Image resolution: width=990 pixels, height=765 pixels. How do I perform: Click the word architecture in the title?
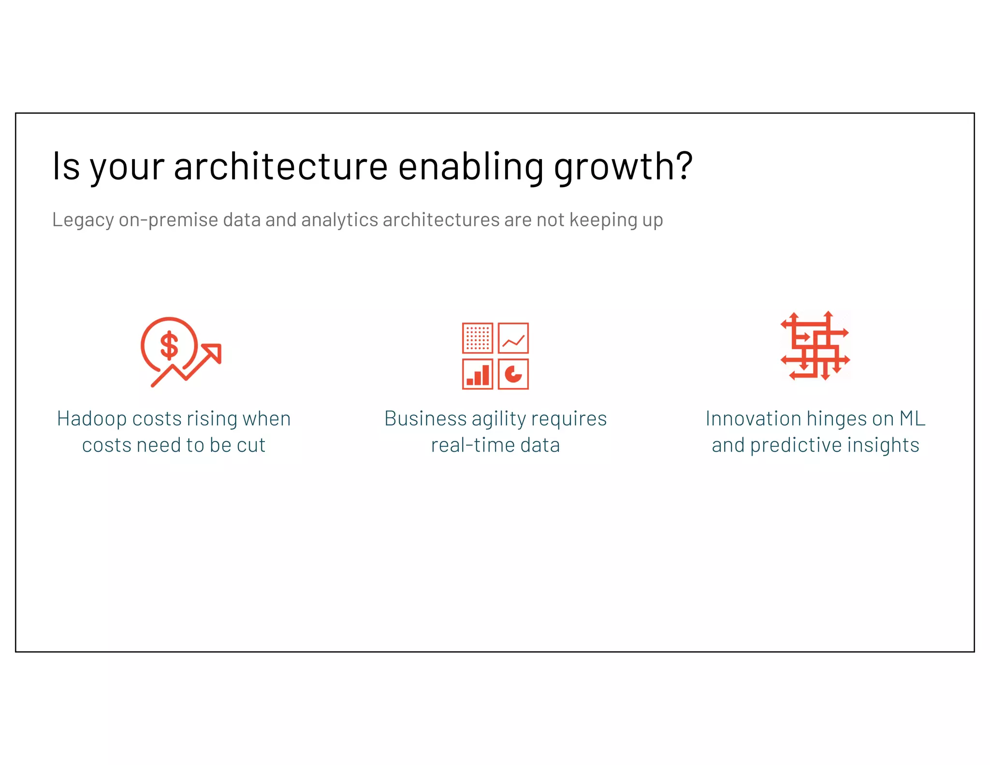click(x=280, y=167)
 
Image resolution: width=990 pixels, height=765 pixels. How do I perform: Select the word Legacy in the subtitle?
click(x=83, y=221)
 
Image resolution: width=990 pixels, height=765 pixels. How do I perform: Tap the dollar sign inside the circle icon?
click(x=169, y=345)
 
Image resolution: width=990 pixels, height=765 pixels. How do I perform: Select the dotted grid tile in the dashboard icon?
click(x=478, y=338)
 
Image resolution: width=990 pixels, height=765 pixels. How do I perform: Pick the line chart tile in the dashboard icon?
click(x=513, y=338)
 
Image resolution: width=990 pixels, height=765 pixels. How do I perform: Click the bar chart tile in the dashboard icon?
click(x=478, y=374)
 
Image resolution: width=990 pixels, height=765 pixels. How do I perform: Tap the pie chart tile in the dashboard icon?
click(x=513, y=374)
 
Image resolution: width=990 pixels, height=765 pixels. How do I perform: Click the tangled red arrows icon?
click(x=815, y=346)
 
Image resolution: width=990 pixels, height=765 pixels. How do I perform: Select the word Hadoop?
click(x=92, y=419)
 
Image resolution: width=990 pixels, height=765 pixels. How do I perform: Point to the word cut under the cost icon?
click(x=251, y=445)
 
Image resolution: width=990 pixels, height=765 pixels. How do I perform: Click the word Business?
click(x=425, y=419)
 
